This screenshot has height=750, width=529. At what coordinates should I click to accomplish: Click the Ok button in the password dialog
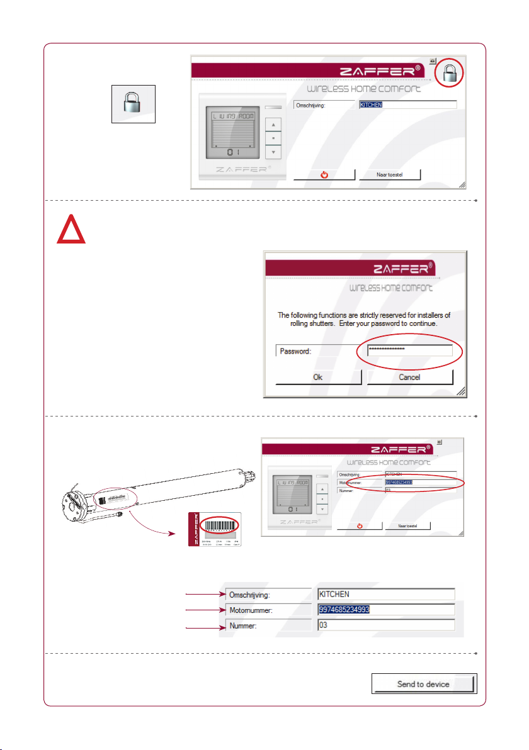tap(319, 378)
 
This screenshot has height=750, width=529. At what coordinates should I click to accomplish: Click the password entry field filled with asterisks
tap(410, 351)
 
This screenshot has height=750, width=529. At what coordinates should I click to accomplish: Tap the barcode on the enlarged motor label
tap(219, 522)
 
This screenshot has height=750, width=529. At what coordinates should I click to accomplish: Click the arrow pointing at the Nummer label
tap(203, 627)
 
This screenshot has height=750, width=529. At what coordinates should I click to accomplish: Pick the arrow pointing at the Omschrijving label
tap(203, 593)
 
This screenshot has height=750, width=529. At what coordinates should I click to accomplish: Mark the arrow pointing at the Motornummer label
tap(203, 610)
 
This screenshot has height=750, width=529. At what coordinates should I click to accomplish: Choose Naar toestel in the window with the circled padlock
tap(389, 174)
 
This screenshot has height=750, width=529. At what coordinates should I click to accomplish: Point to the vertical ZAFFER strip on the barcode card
tap(195, 529)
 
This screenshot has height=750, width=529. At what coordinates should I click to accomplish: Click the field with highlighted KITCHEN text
tap(407, 105)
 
